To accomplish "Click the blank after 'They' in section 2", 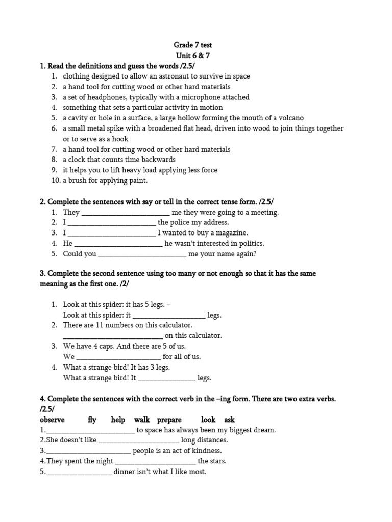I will point(126,213).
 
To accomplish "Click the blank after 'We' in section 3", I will point(118,357).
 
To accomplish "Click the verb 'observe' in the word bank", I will point(52,420).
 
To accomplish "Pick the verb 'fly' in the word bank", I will point(92,420).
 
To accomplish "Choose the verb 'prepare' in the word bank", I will point(169,420).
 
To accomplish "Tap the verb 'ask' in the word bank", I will point(229,420).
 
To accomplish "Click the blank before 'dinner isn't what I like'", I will point(79,472).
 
